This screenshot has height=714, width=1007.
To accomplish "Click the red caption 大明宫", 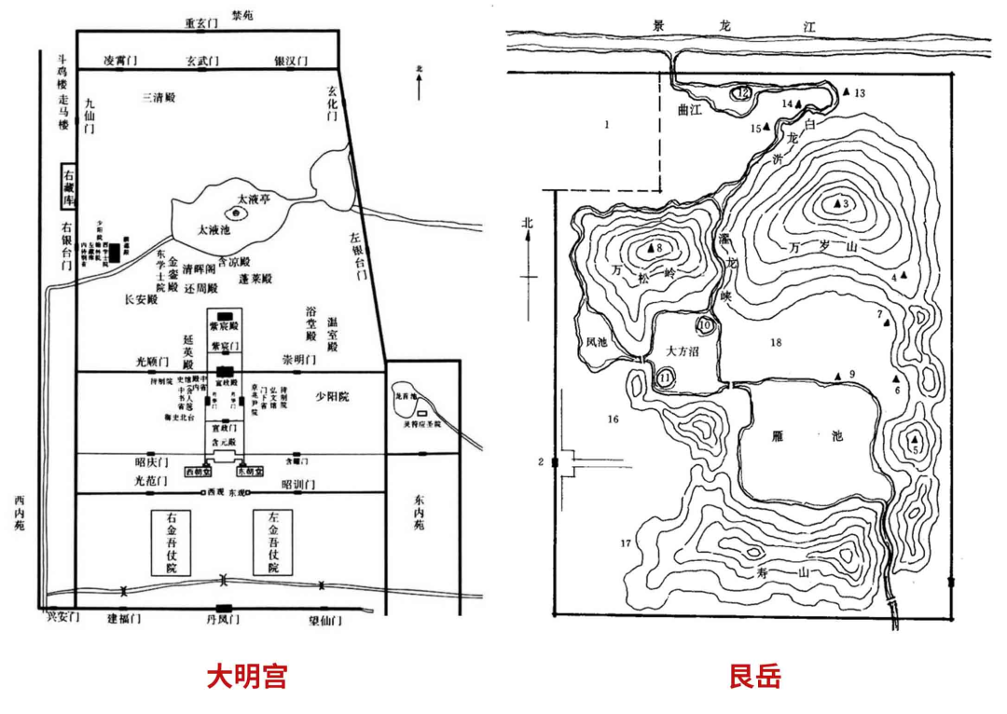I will pos(246,676).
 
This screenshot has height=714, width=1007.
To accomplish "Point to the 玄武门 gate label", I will pos(201,61).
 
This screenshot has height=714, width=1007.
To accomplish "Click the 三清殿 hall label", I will pos(159,97).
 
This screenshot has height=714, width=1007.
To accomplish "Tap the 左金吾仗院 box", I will pos(274,542).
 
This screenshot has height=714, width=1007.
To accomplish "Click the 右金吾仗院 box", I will pos(171,542).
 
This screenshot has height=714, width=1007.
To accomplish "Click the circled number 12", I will pos(741,92).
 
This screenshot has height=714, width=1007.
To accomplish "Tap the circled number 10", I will pos(706,325).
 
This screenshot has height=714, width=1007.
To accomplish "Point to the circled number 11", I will pos(665,378).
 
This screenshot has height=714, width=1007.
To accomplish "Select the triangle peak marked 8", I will pos(651,248).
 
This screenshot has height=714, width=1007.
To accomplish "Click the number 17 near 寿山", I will pos(626,542).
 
